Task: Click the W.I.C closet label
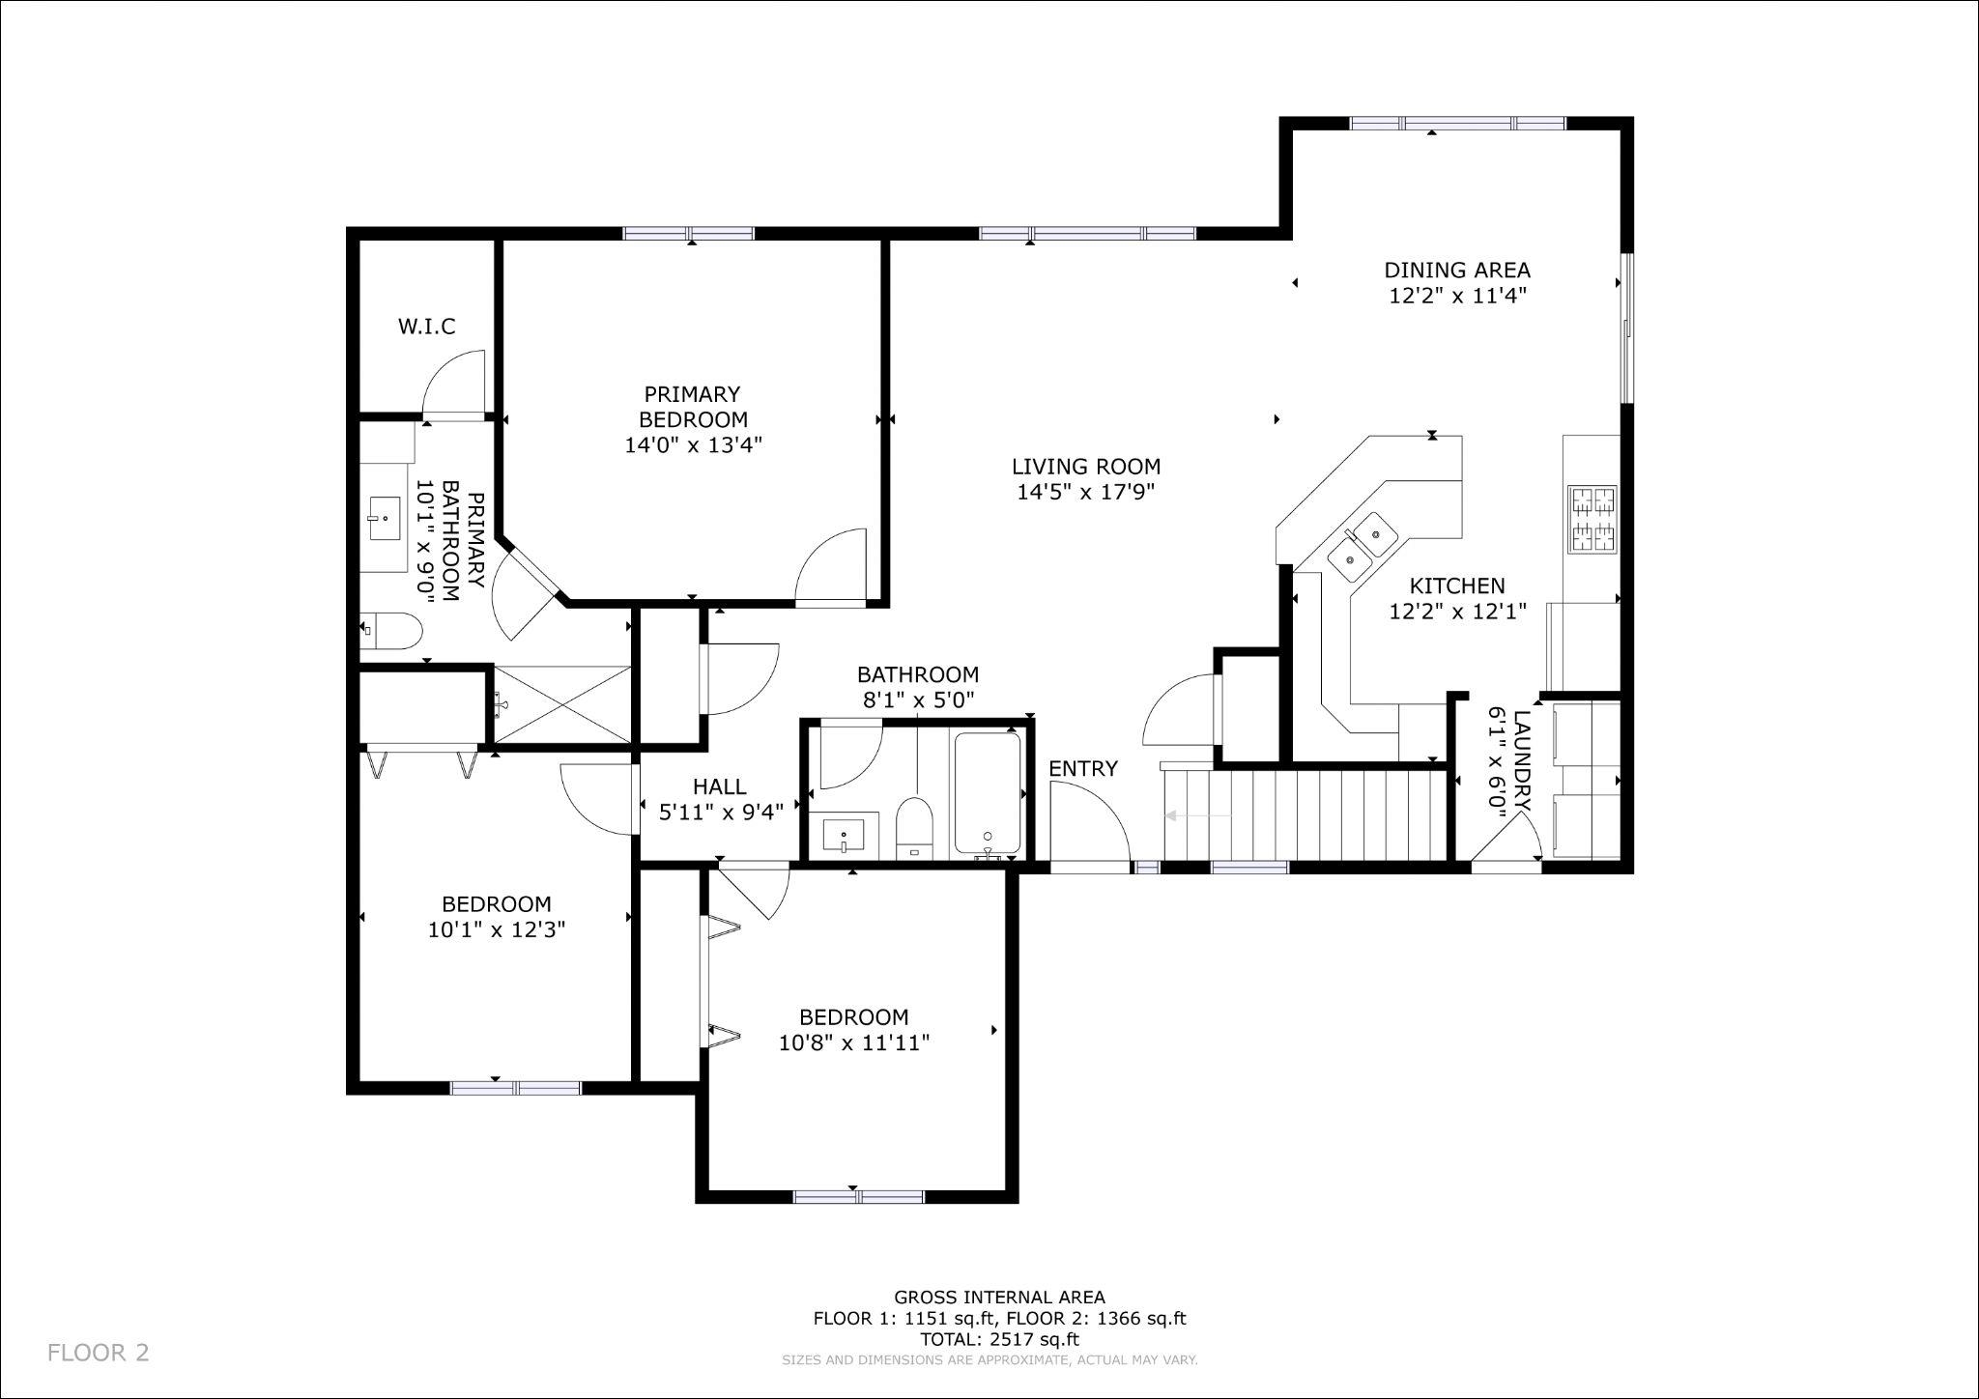[426, 327]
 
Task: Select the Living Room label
[1086, 467]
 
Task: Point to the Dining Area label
[1457, 271]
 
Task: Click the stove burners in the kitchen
[1592, 519]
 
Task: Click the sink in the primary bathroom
[384, 519]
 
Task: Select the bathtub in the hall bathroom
[988, 795]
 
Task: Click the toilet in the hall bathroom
[913, 828]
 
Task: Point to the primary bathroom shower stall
[561, 703]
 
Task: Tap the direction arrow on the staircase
[1198, 816]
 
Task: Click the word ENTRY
[1083, 769]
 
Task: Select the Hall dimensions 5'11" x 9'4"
[721, 813]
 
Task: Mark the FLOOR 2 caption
[99, 1353]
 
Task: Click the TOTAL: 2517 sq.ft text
[1000, 1339]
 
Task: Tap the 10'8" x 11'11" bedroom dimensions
[854, 1042]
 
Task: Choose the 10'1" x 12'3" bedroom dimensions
[497, 929]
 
